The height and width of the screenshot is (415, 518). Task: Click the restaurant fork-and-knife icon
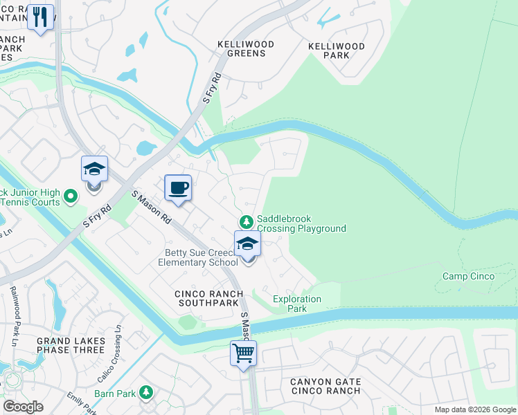(x=41, y=17)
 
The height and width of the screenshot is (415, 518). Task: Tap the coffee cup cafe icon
(x=178, y=188)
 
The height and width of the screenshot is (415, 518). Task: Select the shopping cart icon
(x=243, y=353)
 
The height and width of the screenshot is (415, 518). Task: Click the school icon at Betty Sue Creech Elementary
(x=247, y=244)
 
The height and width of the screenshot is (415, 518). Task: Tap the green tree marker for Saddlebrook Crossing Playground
(x=245, y=222)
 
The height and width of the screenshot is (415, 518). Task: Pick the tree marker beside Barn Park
(x=145, y=393)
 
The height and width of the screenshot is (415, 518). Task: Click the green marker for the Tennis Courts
(x=70, y=197)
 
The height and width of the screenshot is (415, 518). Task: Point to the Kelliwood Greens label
(x=246, y=48)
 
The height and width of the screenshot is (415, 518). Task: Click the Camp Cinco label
(x=469, y=277)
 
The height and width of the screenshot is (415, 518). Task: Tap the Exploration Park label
(x=297, y=304)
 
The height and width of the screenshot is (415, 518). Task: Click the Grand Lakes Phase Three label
(x=63, y=345)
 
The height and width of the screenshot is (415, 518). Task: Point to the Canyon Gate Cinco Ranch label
(x=325, y=386)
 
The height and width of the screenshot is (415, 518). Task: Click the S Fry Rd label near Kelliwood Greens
(x=211, y=88)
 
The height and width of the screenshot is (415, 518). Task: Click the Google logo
(x=23, y=407)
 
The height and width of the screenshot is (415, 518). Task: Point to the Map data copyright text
(x=474, y=409)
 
